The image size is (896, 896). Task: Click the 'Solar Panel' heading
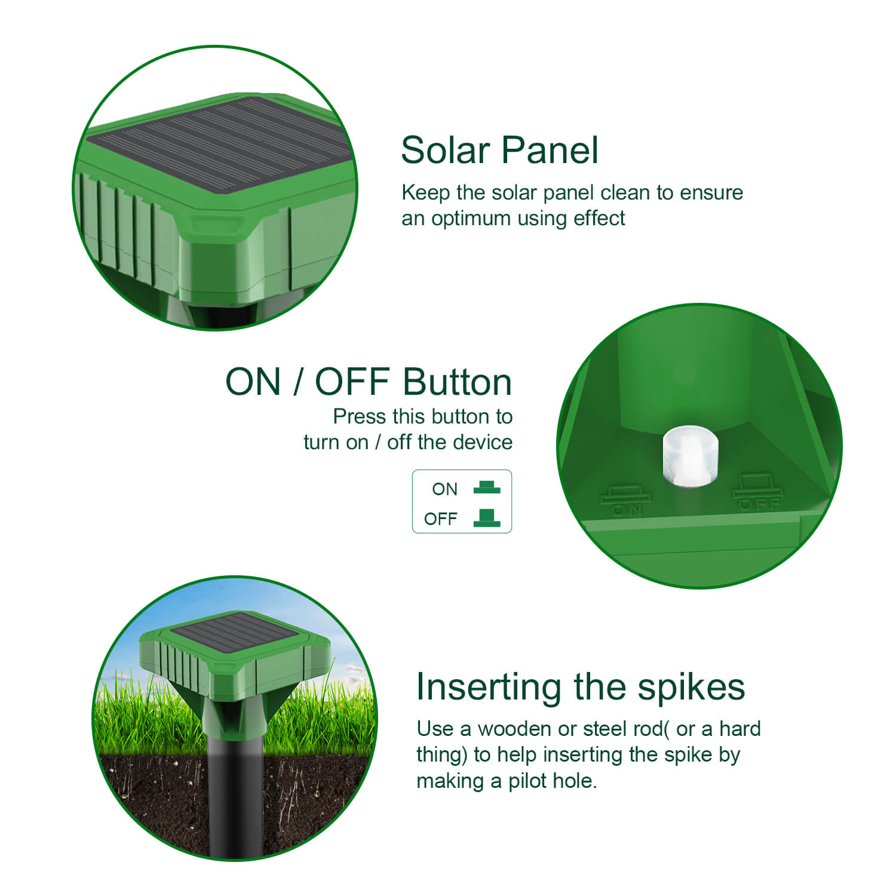(x=499, y=150)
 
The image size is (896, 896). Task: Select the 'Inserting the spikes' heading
(x=581, y=687)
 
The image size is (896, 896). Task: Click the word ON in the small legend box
(x=444, y=489)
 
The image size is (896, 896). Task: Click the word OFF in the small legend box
(x=440, y=519)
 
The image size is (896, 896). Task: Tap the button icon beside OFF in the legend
(x=487, y=517)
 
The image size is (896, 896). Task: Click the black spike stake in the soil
(x=237, y=794)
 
